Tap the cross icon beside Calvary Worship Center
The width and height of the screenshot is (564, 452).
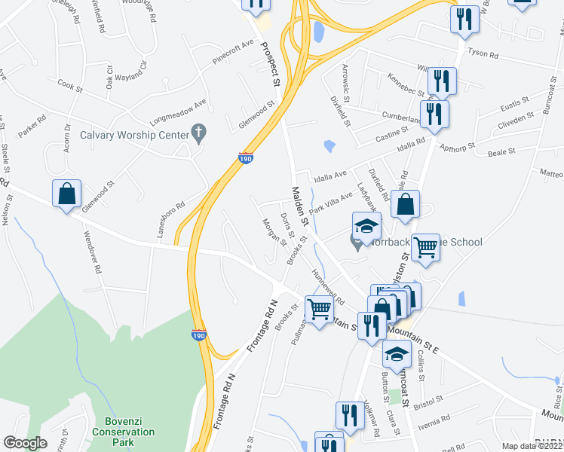[198, 134]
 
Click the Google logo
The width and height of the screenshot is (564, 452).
[25, 443]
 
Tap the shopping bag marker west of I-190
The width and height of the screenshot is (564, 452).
[67, 194]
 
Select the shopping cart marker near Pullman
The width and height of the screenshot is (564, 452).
[319, 307]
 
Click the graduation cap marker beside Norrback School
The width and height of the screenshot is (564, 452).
[366, 225]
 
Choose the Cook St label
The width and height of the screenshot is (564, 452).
[69, 87]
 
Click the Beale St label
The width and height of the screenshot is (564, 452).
[501, 151]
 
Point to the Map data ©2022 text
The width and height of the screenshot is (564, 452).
[532, 446]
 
